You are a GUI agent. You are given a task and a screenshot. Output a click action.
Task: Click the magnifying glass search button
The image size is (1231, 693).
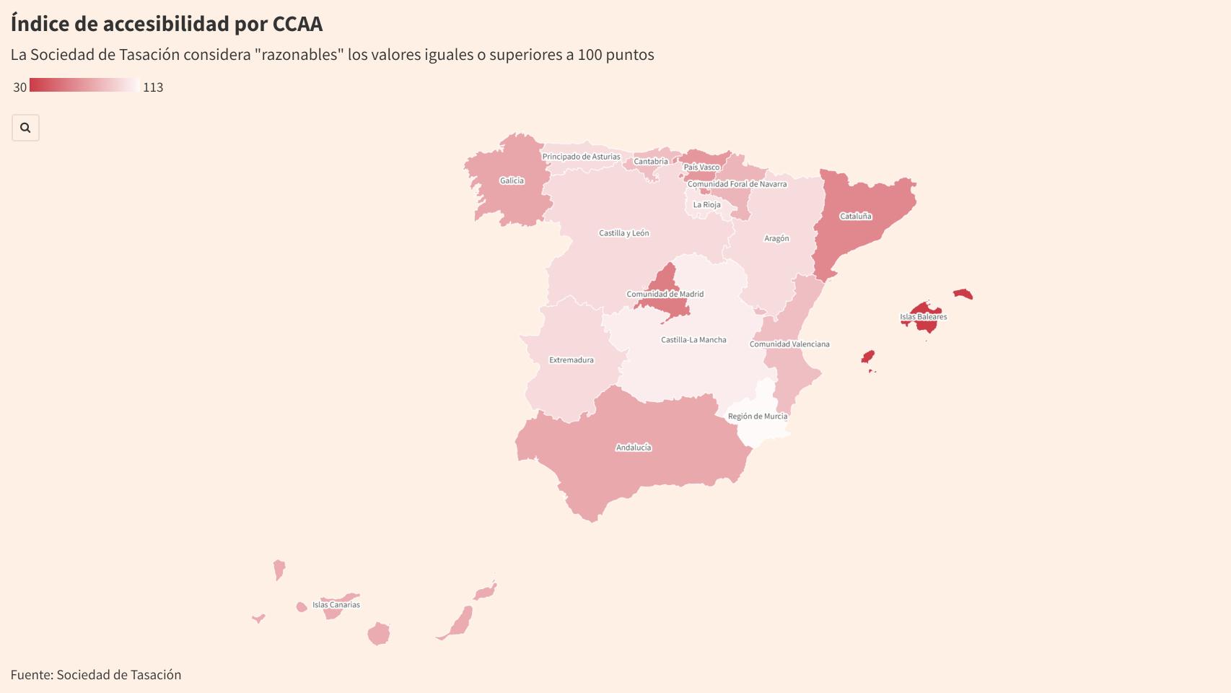point(25,128)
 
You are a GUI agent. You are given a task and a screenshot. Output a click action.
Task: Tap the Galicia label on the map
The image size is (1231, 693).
point(512,180)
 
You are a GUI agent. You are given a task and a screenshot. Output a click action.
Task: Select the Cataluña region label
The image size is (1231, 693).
point(855,216)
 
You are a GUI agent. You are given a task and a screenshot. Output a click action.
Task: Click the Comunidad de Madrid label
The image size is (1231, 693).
point(665,294)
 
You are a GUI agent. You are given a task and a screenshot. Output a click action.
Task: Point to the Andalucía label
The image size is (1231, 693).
point(634,448)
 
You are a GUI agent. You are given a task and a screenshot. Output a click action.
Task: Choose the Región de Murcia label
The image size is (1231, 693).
point(758,416)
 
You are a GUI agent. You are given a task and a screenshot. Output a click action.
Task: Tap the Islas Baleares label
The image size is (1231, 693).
point(923,317)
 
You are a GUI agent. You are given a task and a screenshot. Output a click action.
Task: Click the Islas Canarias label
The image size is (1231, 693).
point(336,605)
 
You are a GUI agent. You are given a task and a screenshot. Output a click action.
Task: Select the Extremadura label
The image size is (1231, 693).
point(571,359)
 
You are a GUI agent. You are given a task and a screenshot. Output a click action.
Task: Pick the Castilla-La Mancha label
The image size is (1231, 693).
point(693,339)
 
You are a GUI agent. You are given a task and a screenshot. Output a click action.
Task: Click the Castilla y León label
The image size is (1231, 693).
point(624,233)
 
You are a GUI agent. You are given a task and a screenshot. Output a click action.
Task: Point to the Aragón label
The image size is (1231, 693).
point(776,238)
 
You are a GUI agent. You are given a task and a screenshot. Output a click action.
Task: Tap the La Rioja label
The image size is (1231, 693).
point(706,204)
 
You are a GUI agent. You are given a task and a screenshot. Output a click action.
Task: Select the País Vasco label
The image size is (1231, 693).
point(701,167)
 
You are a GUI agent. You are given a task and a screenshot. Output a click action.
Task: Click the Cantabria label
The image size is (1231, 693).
point(651,162)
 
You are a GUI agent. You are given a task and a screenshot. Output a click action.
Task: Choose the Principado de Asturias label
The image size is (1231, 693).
point(581,157)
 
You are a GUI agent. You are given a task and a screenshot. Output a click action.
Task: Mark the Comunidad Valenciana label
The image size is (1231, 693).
point(789,344)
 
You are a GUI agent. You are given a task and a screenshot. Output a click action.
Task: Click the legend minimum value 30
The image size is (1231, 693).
point(19,87)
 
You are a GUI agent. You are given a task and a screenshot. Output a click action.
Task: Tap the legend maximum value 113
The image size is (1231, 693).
point(153,87)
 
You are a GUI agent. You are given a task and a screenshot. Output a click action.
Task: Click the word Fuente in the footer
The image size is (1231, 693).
point(31,675)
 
